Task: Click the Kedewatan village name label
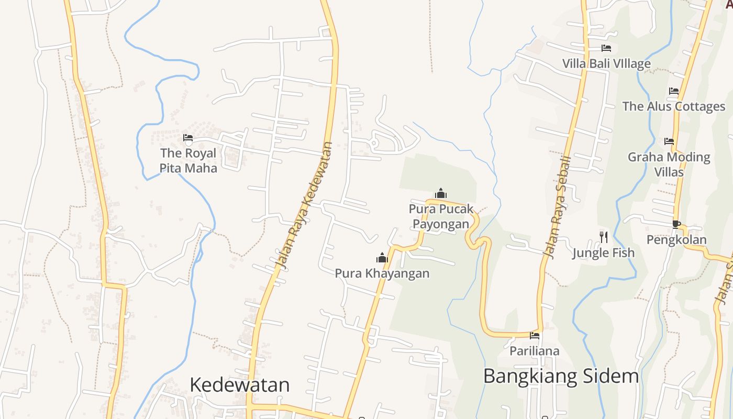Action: click(239, 384)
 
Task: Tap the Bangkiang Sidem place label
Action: click(561, 376)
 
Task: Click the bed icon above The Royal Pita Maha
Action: click(188, 138)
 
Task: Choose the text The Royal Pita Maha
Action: click(188, 160)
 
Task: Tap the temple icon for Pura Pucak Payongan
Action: click(441, 194)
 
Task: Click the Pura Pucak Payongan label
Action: click(441, 216)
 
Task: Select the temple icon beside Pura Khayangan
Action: click(382, 258)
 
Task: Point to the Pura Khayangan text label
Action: click(382, 273)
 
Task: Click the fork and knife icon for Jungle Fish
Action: click(604, 237)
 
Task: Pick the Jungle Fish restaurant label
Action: click(603, 253)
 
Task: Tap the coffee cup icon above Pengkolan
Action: click(676, 224)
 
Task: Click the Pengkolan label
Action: click(676, 240)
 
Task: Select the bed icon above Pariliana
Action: click(535, 336)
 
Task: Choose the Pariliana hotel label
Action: click(535, 351)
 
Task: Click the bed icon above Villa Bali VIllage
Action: click(606, 48)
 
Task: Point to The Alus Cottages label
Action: click(674, 106)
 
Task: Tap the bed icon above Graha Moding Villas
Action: click(669, 141)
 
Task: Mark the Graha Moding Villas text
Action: click(669, 164)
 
